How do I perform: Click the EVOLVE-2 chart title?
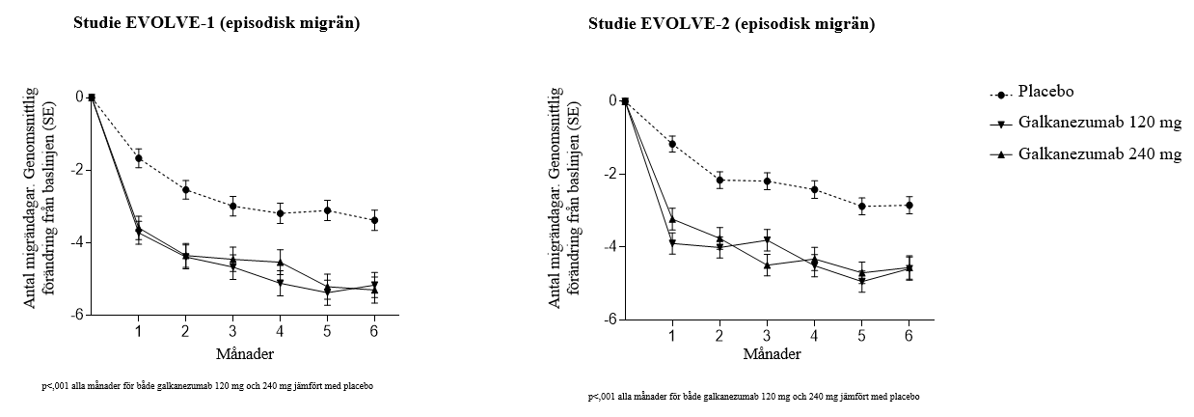[x=732, y=24]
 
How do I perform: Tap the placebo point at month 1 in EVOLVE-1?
[x=139, y=158]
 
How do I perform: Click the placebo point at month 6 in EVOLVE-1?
[x=374, y=220]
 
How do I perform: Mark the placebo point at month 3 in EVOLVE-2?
[x=767, y=181]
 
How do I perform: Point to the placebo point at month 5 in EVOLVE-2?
[x=861, y=206]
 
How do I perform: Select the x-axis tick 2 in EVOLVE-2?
[x=719, y=334]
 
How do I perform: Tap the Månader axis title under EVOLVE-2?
[x=767, y=353]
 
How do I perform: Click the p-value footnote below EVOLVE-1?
[x=207, y=386]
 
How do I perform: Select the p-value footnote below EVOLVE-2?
[x=753, y=397]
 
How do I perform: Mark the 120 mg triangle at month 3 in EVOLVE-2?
[x=767, y=240]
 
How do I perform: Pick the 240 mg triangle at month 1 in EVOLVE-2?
[x=672, y=219]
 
